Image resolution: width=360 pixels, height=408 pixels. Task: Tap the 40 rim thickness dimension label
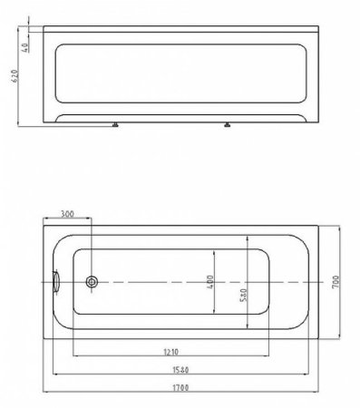point(25,47)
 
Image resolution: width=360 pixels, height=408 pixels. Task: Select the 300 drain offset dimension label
point(67,214)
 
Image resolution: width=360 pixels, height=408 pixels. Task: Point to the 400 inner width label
point(210,282)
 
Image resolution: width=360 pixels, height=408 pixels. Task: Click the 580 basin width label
point(244,295)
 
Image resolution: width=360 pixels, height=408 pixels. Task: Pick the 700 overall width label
point(336,282)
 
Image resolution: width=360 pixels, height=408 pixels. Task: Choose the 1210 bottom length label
point(171,352)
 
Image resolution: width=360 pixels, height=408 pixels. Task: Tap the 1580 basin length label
point(180,370)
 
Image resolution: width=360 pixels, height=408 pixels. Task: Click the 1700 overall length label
point(180,387)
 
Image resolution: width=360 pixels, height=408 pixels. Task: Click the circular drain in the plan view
point(92,282)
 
